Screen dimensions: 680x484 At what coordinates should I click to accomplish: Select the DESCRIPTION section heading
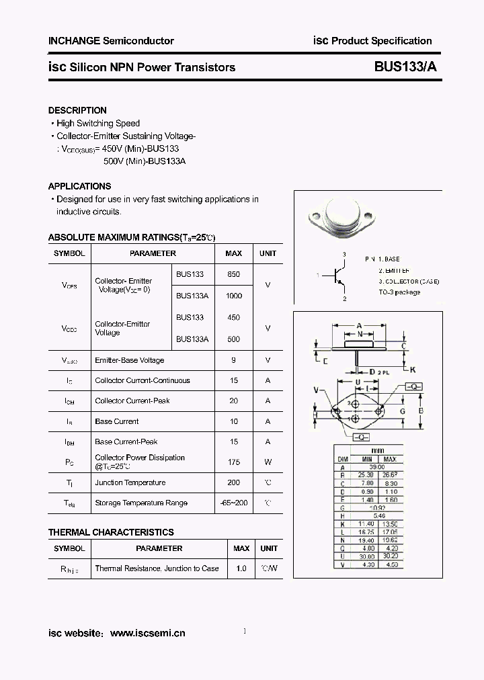(77, 110)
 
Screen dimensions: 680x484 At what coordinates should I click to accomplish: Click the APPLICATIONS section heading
(79, 186)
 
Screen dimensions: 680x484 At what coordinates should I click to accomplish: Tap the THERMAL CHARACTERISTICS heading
(111, 532)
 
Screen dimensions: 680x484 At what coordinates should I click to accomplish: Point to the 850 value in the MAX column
(233, 274)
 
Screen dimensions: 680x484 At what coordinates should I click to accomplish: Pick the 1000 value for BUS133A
(233, 296)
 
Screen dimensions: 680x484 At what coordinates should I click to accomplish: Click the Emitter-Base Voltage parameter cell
(129, 360)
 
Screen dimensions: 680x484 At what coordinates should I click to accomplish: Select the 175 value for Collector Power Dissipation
(233, 462)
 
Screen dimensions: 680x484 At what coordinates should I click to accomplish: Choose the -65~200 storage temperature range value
(233, 503)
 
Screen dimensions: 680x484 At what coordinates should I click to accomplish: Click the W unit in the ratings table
(268, 462)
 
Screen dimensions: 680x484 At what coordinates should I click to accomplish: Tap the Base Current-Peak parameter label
(126, 441)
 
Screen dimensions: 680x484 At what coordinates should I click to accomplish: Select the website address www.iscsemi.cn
(147, 633)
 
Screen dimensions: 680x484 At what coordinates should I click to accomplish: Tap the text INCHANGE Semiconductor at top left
(111, 41)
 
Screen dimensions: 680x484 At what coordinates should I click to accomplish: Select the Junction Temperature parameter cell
(130, 482)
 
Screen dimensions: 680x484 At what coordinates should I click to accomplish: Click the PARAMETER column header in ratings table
(153, 253)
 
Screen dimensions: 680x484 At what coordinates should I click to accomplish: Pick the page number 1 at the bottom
(244, 631)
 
